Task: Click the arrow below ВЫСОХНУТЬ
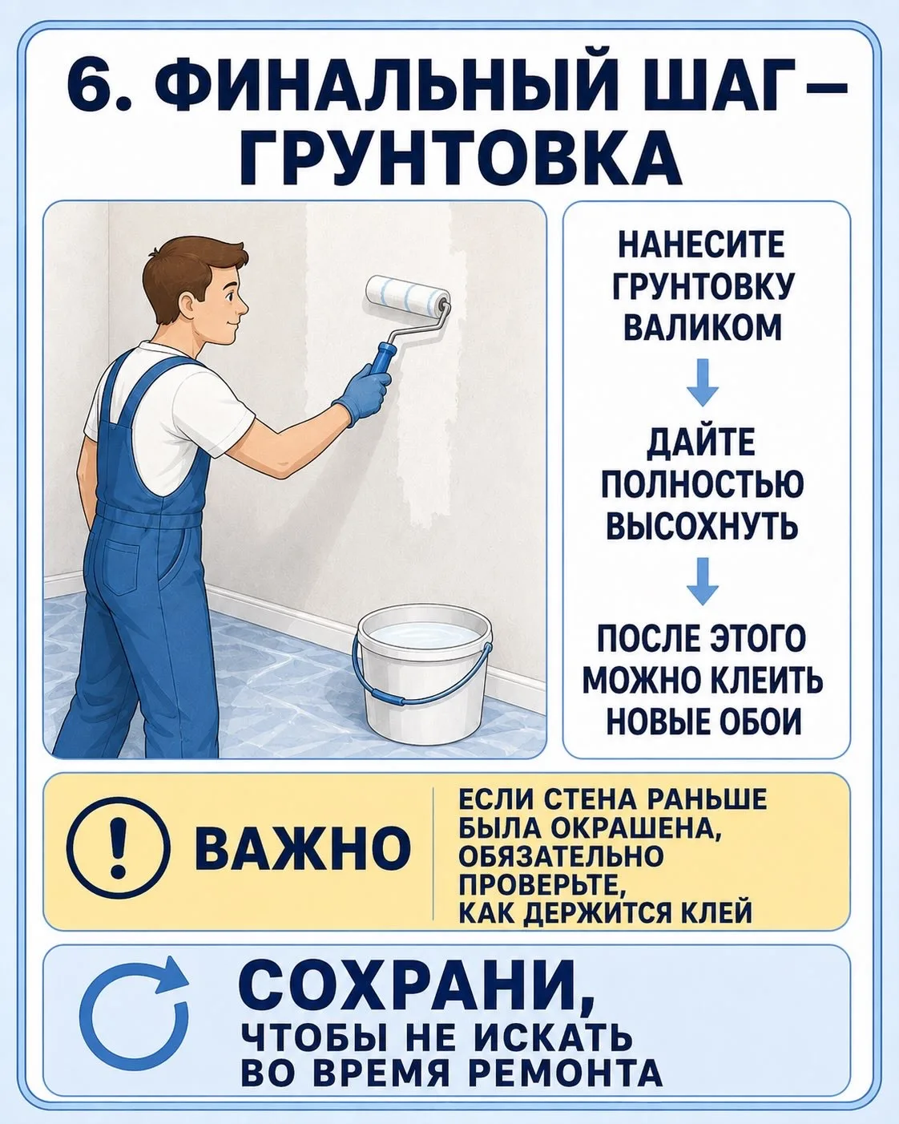(x=702, y=580)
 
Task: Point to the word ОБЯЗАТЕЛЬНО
(x=561, y=855)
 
